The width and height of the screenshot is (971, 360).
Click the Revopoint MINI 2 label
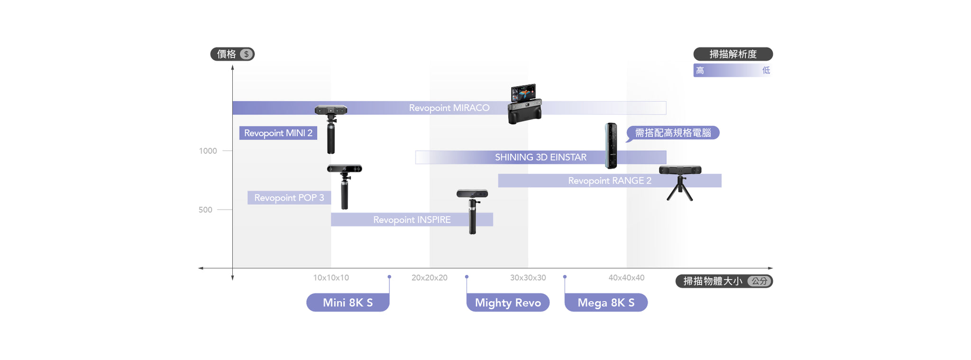278,133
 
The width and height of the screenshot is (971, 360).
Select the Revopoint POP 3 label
289,198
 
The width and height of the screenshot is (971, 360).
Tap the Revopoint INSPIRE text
412,220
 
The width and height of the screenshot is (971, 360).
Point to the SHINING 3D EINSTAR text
540,157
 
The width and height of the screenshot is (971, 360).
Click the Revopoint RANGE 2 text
609,181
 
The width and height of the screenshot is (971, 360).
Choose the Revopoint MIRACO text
449,108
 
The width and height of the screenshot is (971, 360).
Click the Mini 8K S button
348,303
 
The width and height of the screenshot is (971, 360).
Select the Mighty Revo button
508,303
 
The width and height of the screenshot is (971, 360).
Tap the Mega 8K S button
605,303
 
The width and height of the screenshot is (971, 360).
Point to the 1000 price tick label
208,151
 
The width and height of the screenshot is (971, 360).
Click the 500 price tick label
205,210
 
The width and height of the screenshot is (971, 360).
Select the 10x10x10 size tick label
331,277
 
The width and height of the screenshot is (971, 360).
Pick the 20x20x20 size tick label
429,277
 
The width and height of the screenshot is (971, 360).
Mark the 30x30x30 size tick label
528,277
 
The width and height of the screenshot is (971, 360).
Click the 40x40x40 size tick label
626,277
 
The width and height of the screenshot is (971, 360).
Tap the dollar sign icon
246,54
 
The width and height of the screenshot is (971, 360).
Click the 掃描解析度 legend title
733,54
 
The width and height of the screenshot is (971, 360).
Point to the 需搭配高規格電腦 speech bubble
673,133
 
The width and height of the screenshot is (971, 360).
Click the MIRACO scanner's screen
523,92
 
